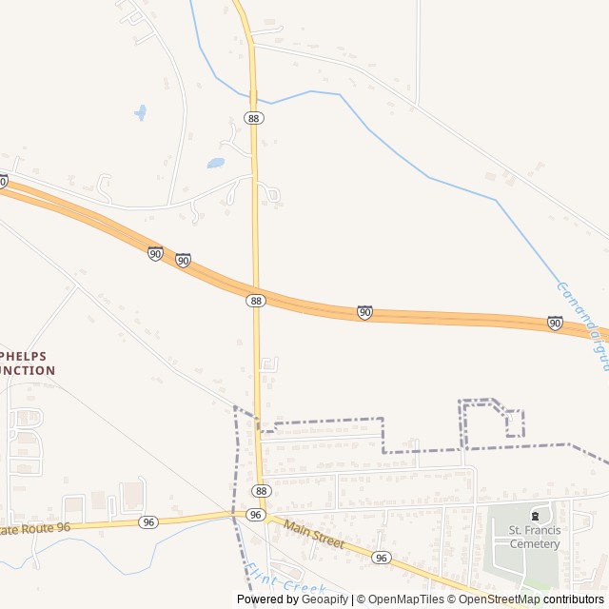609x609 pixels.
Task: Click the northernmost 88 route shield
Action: [x=254, y=117]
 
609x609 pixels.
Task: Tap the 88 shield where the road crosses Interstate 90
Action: [x=255, y=300]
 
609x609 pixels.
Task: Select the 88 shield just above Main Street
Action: [x=261, y=490]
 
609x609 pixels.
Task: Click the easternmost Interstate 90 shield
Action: [x=555, y=324]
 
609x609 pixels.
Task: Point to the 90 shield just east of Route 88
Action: [x=364, y=312]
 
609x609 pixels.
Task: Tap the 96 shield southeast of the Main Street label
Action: [x=381, y=557]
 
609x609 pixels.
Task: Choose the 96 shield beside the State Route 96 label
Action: [x=147, y=522]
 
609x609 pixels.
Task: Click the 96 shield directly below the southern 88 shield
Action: [x=255, y=514]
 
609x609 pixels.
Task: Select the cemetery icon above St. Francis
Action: [x=535, y=515]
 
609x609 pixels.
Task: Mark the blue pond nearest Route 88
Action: [x=216, y=163]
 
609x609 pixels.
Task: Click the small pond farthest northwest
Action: [x=141, y=112]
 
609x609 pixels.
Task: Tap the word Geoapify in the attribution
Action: [x=325, y=599]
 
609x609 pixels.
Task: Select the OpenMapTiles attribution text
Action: [x=405, y=599]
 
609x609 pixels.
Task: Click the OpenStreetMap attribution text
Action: [x=501, y=599]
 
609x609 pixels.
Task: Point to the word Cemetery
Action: [x=535, y=544]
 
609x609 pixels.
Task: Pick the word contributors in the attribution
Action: [x=574, y=599]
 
